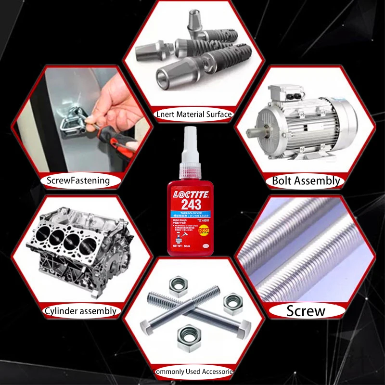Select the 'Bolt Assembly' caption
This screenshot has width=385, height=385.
coord(306,181)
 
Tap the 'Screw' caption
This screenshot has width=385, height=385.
coord(306,311)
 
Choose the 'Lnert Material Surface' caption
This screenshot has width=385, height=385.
coord(194,115)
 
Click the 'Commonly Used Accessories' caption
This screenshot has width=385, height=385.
coord(194,372)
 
